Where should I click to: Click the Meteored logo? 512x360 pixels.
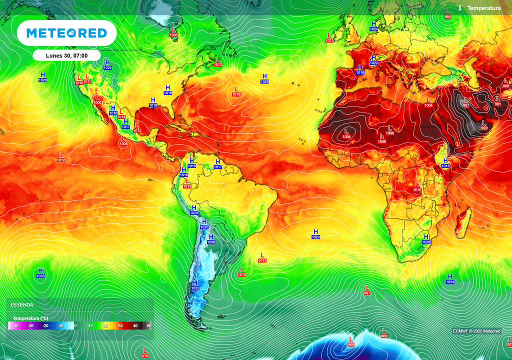point(66,33)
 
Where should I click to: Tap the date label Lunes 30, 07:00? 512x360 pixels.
point(66,55)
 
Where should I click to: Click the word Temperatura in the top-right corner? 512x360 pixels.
point(483,8)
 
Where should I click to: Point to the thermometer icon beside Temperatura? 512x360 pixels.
point(459,8)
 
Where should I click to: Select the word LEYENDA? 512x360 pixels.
point(22,304)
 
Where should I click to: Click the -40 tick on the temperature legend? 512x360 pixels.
point(15,326)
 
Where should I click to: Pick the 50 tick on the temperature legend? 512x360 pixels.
point(148,326)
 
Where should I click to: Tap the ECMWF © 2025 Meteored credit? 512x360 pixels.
point(476,331)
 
